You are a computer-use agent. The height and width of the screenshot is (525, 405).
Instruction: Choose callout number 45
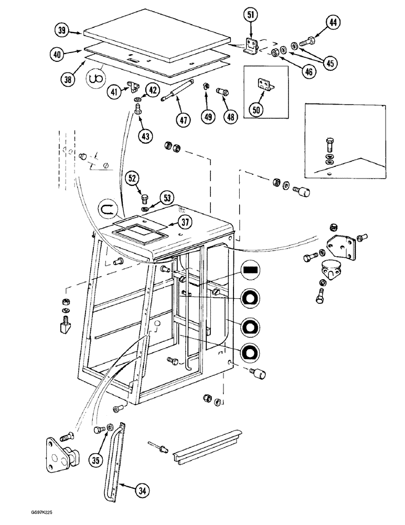(x=329, y=63)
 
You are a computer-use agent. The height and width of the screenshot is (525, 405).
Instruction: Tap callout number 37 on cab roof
(x=184, y=223)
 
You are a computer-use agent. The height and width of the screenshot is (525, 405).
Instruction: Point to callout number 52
(x=132, y=180)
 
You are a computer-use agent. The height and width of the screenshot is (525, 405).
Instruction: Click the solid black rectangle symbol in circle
(x=249, y=270)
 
